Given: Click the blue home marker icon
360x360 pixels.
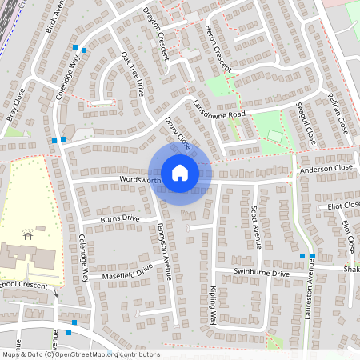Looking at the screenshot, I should pyautogui.click(x=180, y=171).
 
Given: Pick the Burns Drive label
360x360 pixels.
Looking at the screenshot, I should pyautogui.click(x=120, y=218).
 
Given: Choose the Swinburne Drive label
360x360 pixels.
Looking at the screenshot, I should pyautogui.click(x=261, y=274).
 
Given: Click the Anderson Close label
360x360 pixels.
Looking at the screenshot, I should pyautogui.click(x=326, y=170).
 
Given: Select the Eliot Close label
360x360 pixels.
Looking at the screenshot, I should pyautogui.click(x=345, y=206).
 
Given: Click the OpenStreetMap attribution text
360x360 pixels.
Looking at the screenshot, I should pyautogui.click(x=81, y=354).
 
